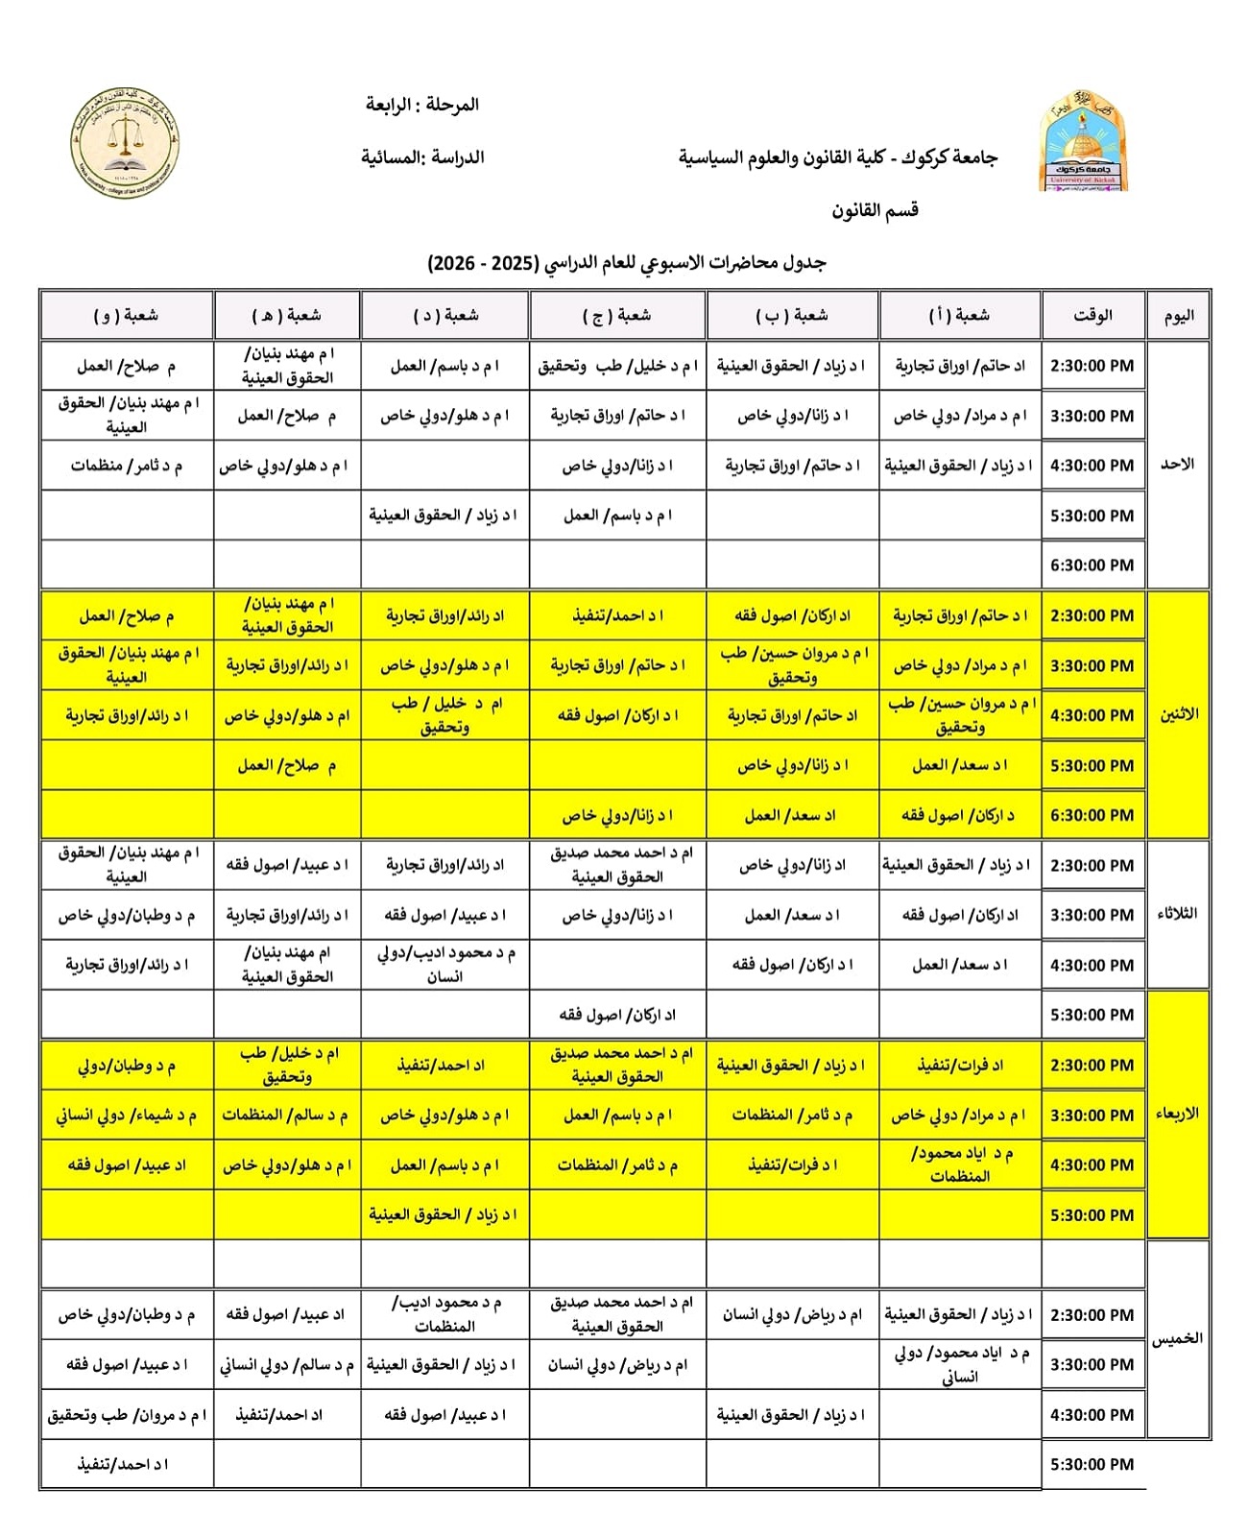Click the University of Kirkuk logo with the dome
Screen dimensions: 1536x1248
tap(1082, 142)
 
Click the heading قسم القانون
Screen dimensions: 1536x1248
tap(875, 210)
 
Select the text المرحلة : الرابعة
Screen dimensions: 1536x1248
tap(422, 105)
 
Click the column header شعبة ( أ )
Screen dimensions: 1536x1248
tap(959, 315)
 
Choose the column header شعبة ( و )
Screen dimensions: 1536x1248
tap(126, 315)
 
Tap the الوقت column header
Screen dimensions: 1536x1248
tap(1092, 315)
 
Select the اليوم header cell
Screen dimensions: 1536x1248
tap(1178, 316)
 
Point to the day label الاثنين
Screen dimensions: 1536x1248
tap(1178, 715)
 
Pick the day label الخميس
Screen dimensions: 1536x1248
tap(1177, 1338)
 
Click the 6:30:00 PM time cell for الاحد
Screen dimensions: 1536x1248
tap(1092, 565)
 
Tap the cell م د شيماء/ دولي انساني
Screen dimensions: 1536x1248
tap(126, 1116)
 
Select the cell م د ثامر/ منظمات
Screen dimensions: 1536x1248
tap(126, 466)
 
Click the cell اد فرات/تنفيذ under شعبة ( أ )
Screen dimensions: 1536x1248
tap(959, 1065)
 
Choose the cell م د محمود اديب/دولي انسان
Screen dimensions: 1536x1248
tap(444, 965)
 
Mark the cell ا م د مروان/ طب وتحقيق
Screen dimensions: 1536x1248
tap(126, 1415)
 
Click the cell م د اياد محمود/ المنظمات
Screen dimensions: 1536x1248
tap(959, 1164)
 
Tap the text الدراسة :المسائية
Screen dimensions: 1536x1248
tap(422, 157)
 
